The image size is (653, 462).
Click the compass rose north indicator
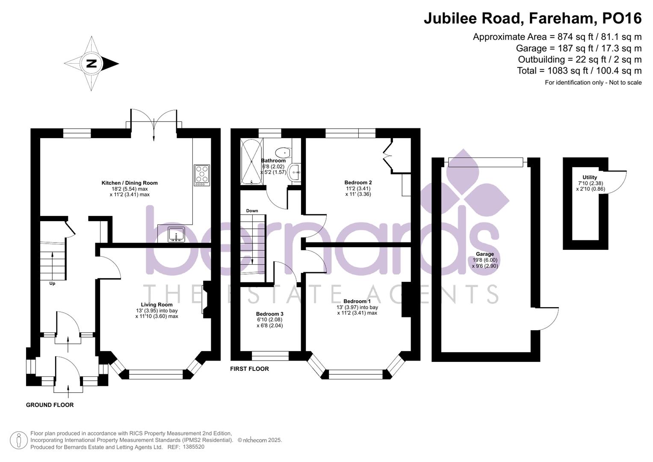[x=92, y=64]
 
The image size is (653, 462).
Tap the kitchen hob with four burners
[x=201, y=175]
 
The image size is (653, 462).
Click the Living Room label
[x=157, y=305]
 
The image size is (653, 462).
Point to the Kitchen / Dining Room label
[x=130, y=183]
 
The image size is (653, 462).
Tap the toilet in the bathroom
[x=283, y=152]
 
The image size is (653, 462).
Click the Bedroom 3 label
[x=269, y=314]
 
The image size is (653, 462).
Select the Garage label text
[x=485, y=254]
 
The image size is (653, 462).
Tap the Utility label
[x=589, y=177]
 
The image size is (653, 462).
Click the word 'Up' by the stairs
[x=52, y=283]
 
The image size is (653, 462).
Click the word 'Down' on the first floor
[x=252, y=210]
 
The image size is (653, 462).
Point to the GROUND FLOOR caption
[x=50, y=405]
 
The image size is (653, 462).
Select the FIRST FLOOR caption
[x=249, y=369]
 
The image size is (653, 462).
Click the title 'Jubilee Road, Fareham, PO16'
[x=532, y=18]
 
